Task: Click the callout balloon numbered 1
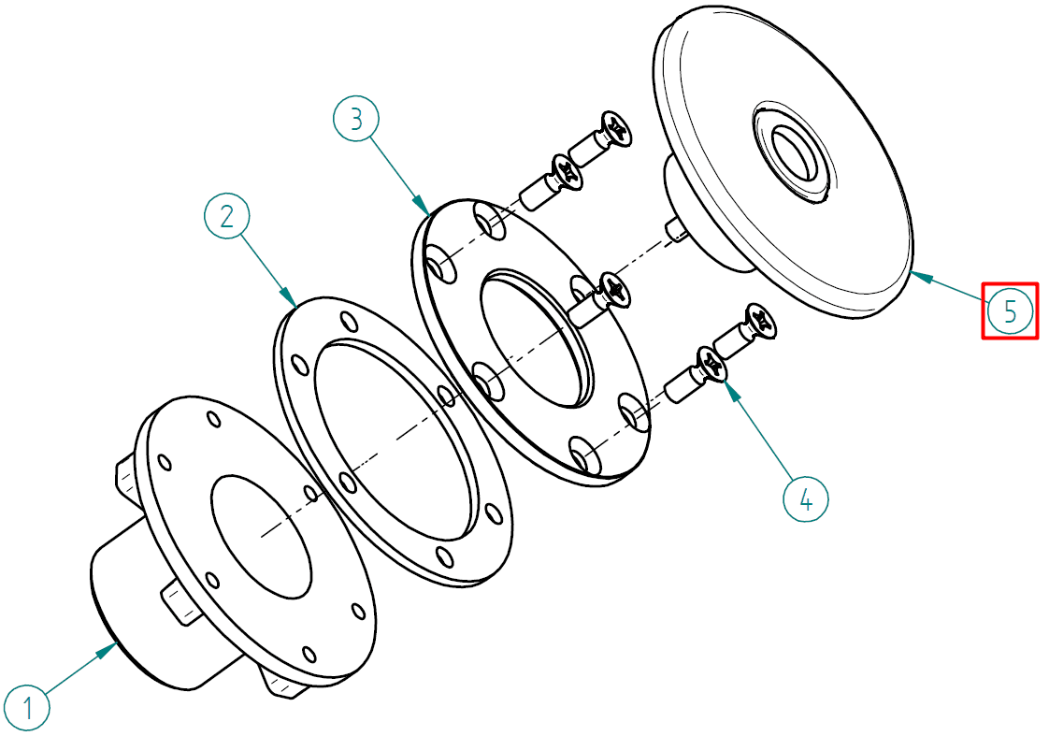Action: (26, 707)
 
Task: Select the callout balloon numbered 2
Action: (227, 216)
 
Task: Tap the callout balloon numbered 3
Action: (356, 119)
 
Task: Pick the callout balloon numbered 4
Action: (806, 498)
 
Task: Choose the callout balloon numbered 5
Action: (1010, 310)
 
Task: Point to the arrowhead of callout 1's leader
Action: (110, 648)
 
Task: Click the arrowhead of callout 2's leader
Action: (289, 297)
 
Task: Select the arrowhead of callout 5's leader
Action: (921, 275)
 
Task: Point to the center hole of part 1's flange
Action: (261, 536)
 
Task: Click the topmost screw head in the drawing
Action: (615, 128)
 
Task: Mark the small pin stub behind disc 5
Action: (678, 231)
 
